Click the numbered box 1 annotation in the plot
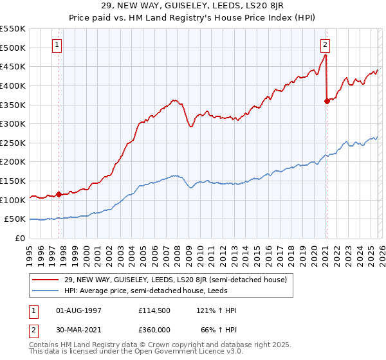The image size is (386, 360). coord(58,45)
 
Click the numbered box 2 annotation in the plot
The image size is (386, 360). coord(326,45)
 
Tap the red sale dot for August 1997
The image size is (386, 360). coord(59,194)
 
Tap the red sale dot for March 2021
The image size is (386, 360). coord(327,100)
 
